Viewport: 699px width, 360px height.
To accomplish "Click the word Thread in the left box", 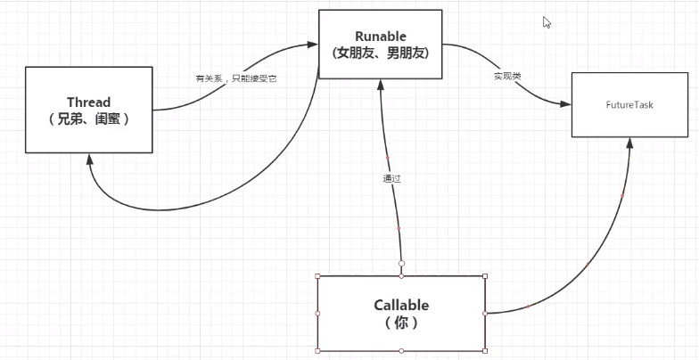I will (88, 102).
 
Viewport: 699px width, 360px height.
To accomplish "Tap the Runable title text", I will (380, 36).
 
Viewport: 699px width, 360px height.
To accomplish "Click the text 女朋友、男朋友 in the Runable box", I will (380, 53).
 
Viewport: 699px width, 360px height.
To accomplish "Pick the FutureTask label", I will (629, 104).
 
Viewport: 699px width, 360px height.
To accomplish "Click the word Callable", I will (401, 305).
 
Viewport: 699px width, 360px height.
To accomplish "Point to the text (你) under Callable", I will (401, 322).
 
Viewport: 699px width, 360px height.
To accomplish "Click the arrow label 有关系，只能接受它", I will (236, 78).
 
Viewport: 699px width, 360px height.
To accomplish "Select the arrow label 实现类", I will (506, 77).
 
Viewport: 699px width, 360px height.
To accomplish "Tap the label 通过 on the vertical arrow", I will (391, 178).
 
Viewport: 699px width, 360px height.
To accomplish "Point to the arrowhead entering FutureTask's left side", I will (565, 104).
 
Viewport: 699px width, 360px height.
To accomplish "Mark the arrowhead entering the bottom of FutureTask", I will (631, 143).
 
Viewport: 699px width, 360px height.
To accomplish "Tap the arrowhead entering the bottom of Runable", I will (381, 85).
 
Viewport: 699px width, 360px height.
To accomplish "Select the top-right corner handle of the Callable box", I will (484, 275).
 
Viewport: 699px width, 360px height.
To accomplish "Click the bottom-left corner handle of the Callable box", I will (317, 351).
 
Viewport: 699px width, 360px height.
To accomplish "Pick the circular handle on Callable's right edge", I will (484, 314).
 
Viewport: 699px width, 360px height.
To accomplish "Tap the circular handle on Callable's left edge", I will (317, 314).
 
